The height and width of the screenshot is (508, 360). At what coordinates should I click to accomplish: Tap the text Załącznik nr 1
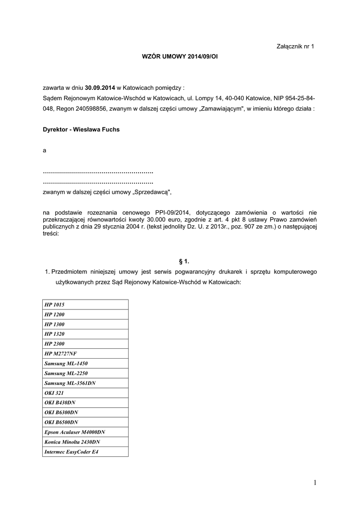click(295, 46)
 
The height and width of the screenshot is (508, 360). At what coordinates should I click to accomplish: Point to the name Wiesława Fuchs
click(96, 129)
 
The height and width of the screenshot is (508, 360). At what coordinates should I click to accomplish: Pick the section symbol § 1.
click(184, 260)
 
